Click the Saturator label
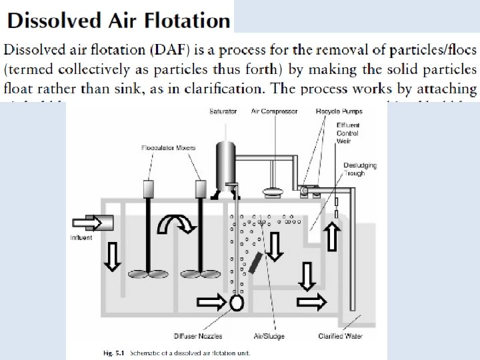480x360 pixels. pos(223,111)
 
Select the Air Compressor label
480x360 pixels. pos(274,111)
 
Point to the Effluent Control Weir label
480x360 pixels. pos(348,133)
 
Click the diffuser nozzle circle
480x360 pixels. pos(236,303)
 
